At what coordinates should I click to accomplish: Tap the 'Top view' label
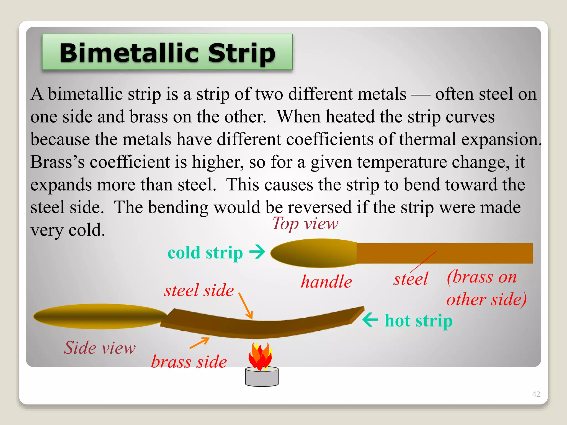point(305,224)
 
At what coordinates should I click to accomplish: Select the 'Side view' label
point(100,348)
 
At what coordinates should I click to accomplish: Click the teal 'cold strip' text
point(205,253)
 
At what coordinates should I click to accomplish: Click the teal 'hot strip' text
point(418,321)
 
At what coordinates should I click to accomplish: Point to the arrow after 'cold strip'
point(257,252)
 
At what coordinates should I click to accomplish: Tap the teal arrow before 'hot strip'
point(370,320)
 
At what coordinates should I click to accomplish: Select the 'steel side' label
point(199,291)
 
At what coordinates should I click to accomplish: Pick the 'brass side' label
point(189,362)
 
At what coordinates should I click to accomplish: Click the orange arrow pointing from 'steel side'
point(246,306)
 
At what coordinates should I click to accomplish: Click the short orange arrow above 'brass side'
point(200,343)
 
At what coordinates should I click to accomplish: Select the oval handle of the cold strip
point(314,253)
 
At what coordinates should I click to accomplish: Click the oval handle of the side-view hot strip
point(100,316)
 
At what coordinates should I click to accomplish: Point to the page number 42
point(536,394)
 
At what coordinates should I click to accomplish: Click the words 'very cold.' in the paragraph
point(68,230)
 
